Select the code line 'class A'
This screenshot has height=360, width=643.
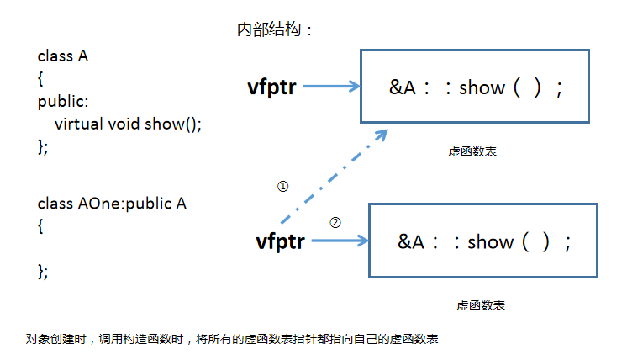point(63,56)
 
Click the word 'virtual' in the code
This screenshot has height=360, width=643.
point(79,124)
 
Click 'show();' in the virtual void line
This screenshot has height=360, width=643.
point(173,124)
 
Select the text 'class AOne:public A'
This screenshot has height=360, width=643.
point(112,204)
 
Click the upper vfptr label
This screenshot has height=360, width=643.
point(271,86)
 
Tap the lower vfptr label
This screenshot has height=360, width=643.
point(280,241)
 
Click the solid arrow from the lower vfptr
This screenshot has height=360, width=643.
point(340,241)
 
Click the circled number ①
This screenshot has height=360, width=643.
point(282,187)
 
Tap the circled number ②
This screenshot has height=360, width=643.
point(335,223)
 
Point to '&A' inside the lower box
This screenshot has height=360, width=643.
point(413,242)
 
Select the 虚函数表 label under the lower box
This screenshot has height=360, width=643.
point(481,306)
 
